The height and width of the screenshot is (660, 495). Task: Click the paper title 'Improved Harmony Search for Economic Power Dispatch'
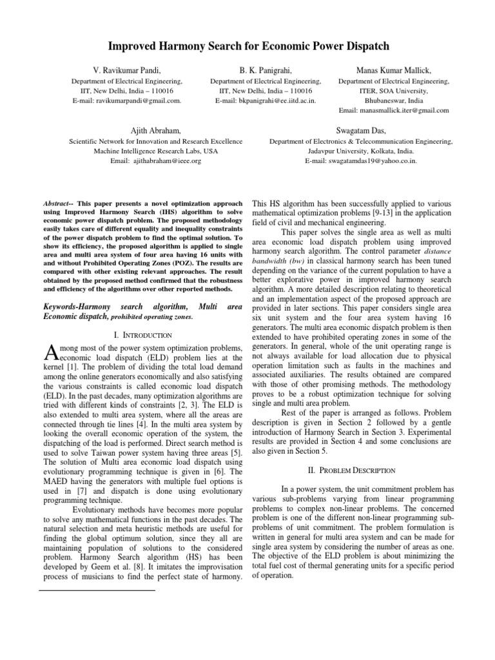pyautogui.click(x=247, y=46)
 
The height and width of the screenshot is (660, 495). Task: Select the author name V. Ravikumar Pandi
pyautogui.click(x=126, y=69)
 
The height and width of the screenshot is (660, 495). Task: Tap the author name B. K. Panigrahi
pyautogui.click(x=266, y=69)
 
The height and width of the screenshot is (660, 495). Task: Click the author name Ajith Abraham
pyautogui.click(x=157, y=130)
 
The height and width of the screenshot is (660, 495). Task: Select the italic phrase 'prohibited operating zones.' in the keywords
pyautogui.click(x=153, y=316)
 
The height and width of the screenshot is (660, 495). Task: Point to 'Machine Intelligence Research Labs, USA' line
pyautogui.click(x=157, y=151)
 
